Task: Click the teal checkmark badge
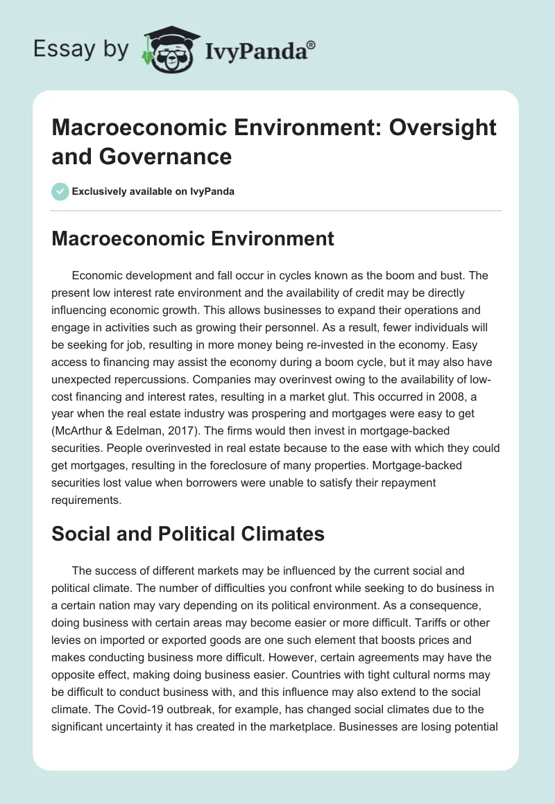point(60,191)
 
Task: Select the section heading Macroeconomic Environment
point(193,239)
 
